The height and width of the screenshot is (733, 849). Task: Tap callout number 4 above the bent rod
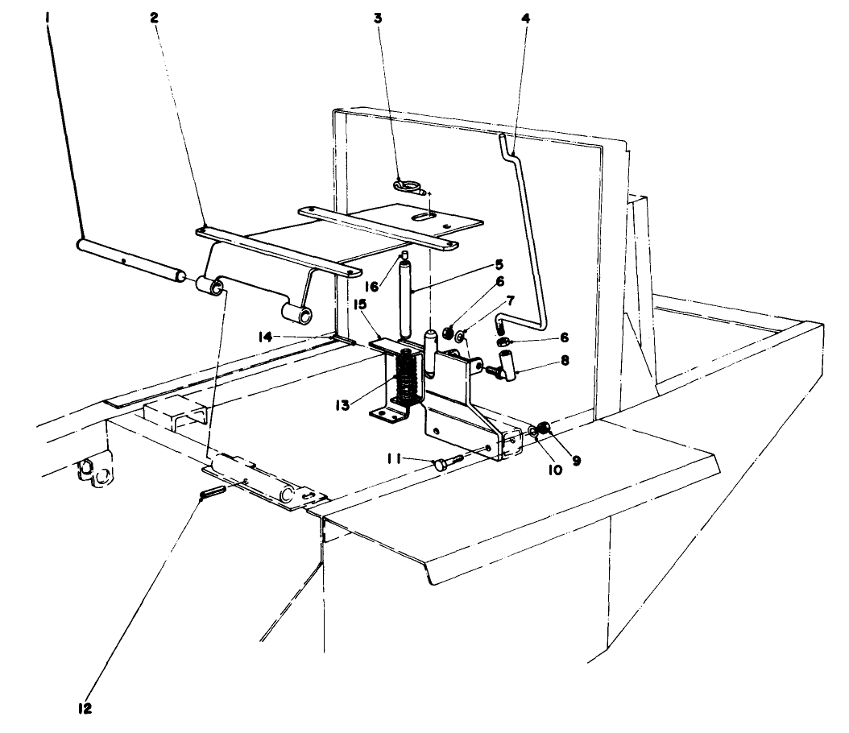point(525,17)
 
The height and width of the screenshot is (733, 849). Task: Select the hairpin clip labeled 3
point(411,187)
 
